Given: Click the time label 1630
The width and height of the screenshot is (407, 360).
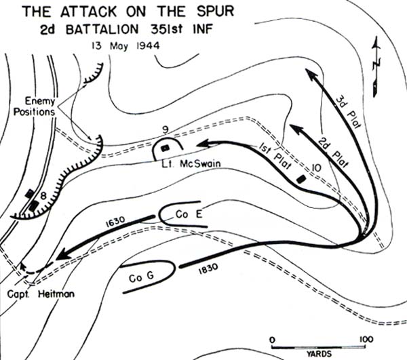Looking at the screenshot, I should (x=115, y=224).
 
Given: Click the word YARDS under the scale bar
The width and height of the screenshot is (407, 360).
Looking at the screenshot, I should (x=315, y=353).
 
